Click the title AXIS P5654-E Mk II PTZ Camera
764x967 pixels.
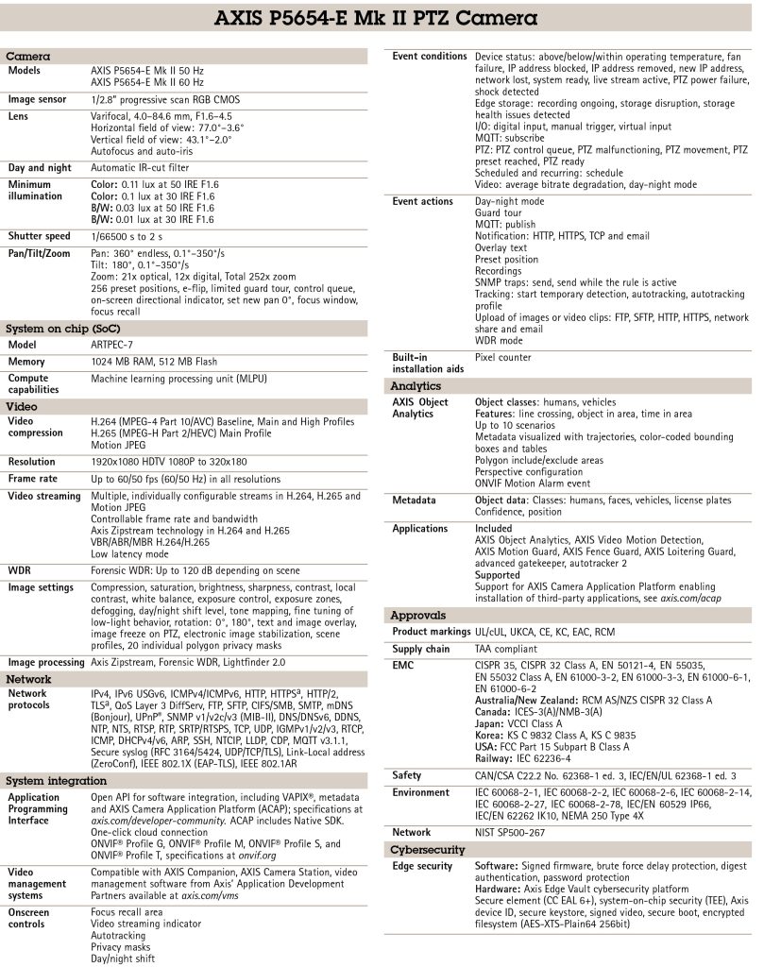tap(382, 18)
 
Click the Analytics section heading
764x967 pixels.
tap(416, 386)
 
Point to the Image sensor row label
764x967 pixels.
tap(37, 99)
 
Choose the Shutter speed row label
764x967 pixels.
tap(39, 236)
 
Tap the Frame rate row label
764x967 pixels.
tap(33, 479)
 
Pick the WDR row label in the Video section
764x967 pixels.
tap(20, 570)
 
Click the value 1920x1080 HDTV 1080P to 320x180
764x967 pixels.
tap(169, 462)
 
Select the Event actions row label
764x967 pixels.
tap(423, 201)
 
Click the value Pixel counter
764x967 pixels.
tap(503, 358)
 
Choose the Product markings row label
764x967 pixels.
tap(431, 632)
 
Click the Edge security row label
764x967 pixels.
tap(422, 867)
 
